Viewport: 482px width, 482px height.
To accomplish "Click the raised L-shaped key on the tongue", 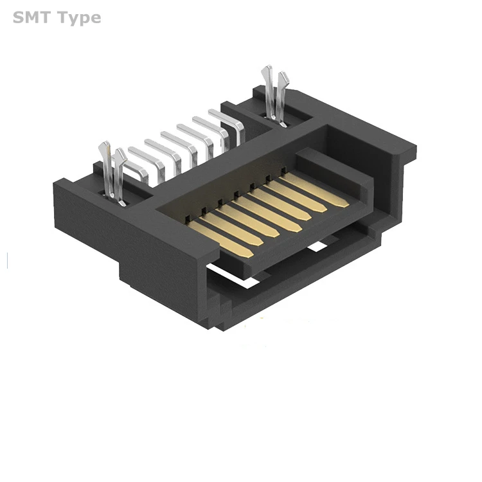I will (334, 164).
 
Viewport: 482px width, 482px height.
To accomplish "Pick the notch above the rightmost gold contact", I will (283, 170).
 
